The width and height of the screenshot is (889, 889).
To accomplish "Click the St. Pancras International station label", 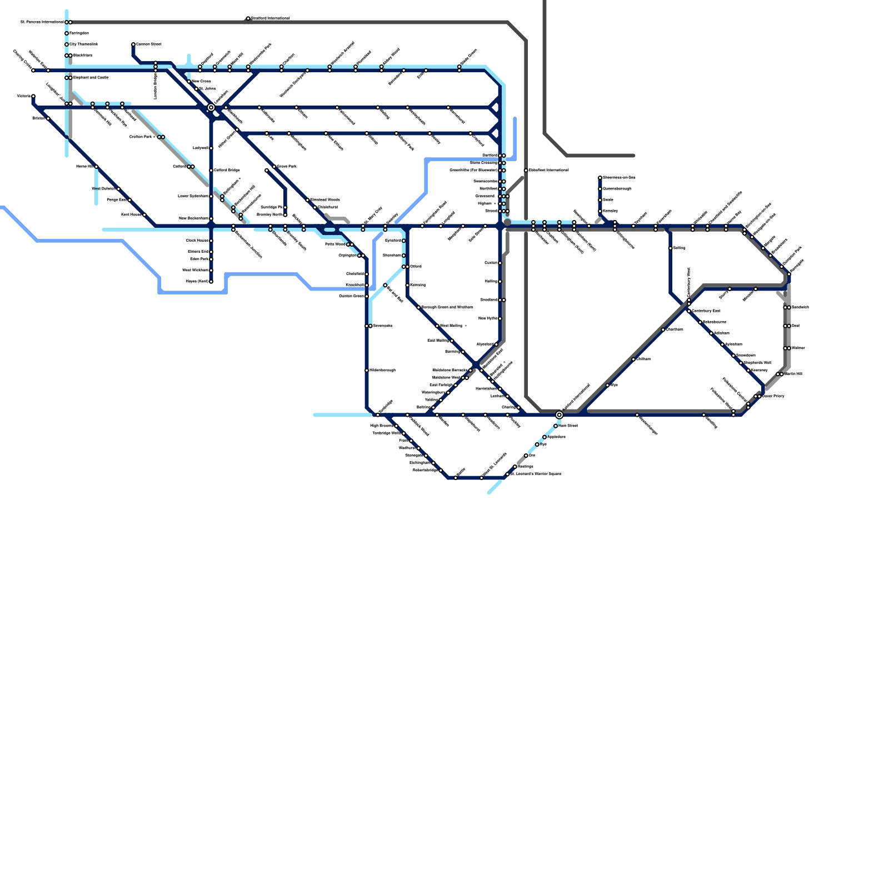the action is pyautogui.click(x=42, y=22).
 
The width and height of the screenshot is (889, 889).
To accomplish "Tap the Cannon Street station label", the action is pyautogui.click(x=149, y=44).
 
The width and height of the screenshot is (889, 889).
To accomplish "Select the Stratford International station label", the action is pyautogui.click(x=271, y=18).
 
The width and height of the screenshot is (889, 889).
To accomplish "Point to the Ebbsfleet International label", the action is pyautogui.click(x=548, y=170).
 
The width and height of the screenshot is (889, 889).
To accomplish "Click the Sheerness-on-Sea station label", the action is pyautogui.click(x=619, y=178).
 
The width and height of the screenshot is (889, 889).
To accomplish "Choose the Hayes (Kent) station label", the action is pyautogui.click(x=197, y=282).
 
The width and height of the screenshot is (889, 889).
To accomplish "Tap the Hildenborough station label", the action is pyautogui.click(x=382, y=370).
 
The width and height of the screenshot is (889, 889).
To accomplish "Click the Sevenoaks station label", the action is pyautogui.click(x=383, y=326).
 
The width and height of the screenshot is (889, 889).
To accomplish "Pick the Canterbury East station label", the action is pyautogui.click(x=706, y=311).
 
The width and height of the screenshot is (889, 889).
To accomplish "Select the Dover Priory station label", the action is pyautogui.click(x=773, y=396).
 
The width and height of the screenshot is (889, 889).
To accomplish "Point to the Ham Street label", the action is pyautogui.click(x=568, y=426).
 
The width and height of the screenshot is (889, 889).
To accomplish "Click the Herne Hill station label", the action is pyautogui.click(x=84, y=167).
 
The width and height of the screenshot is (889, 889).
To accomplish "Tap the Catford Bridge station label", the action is pyautogui.click(x=227, y=170).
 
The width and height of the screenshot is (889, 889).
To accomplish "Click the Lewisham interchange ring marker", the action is pyautogui.click(x=211, y=107).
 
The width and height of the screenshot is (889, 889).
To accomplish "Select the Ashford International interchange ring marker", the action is pyautogui.click(x=559, y=414).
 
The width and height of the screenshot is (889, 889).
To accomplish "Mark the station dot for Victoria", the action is pyautogui.click(x=33, y=97).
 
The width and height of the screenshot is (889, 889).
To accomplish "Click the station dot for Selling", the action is pyautogui.click(x=671, y=248).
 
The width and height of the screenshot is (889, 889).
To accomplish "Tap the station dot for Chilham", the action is pyautogui.click(x=633, y=359).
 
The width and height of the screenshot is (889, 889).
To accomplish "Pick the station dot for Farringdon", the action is pyautogui.click(x=67, y=33).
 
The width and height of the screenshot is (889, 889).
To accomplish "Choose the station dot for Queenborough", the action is pyautogui.click(x=600, y=189).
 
